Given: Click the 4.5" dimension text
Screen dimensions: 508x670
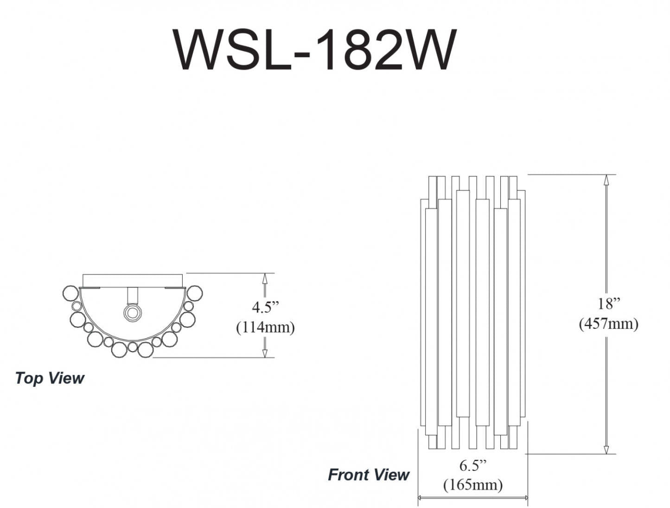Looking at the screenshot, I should [x=266, y=307].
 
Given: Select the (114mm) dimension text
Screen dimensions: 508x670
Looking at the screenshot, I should [x=265, y=327].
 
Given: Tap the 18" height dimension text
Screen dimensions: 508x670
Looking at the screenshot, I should [x=608, y=304].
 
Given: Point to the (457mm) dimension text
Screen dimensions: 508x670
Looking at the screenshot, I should [x=608, y=323].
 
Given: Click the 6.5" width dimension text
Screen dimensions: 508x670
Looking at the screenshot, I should [x=473, y=465].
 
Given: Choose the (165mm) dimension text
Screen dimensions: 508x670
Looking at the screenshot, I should [x=473, y=485].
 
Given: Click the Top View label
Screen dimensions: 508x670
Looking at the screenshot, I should [x=49, y=378].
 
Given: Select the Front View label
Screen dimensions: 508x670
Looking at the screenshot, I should [x=369, y=475].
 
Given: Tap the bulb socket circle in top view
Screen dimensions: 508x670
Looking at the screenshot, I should [x=133, y=313].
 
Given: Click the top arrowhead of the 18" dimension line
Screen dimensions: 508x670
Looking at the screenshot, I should [x=606, y=180].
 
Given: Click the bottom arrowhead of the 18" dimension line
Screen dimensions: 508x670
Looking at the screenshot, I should [x=606, y=449].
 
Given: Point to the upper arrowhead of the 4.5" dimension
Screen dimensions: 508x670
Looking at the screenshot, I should [x=265, y=278].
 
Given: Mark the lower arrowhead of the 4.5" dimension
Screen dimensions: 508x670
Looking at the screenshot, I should [x=265, y=353].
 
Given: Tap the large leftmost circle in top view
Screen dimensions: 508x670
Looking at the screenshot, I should [x=71, y=293].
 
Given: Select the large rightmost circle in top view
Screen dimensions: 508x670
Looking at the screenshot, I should [x=194, y=293].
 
